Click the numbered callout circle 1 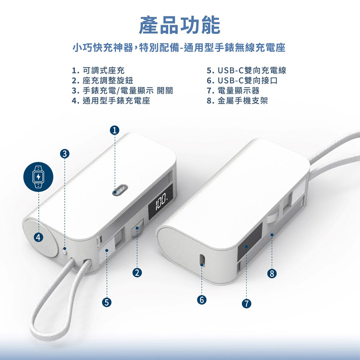115,130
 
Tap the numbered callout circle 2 137,273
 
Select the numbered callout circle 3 64,153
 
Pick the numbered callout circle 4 39,237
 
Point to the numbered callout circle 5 107,302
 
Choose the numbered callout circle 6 202,300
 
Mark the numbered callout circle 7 246,303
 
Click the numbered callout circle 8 272,274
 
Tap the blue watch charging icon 38,177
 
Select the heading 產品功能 180,25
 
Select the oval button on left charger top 120,190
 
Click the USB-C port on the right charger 202,260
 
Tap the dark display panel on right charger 250,238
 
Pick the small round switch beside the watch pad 65,251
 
